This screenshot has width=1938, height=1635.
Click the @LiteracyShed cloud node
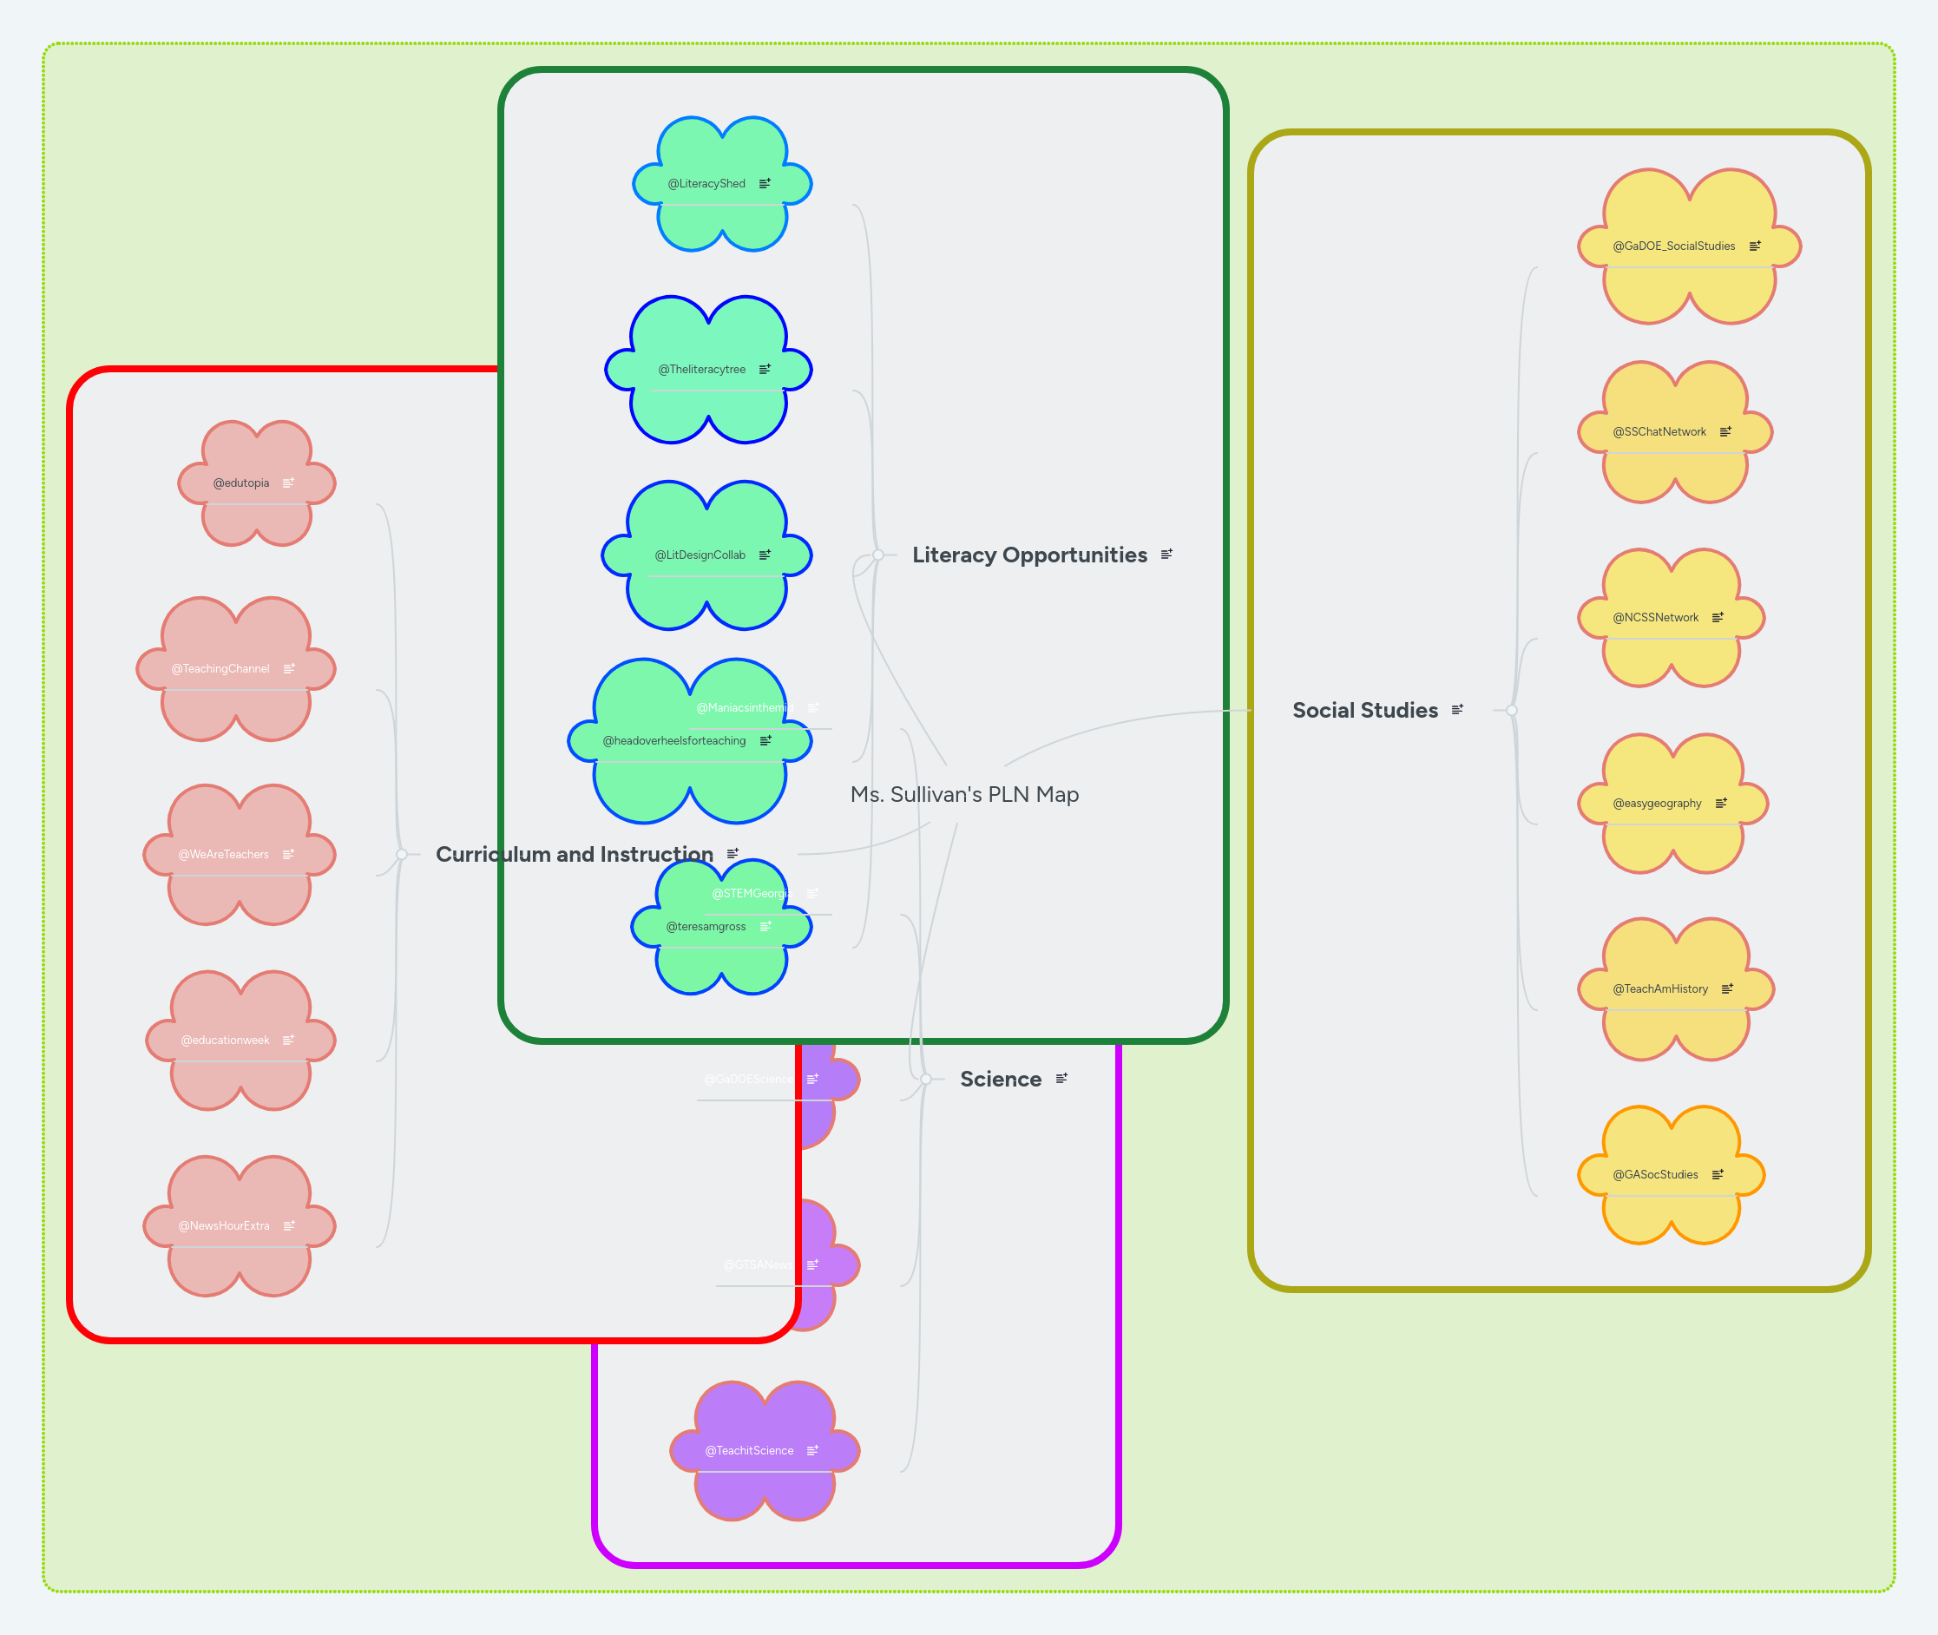(x=707, y=183)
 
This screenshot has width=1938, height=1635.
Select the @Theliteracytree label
(x=701, y=370)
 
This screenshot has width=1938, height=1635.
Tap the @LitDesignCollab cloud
(x=700, y=555)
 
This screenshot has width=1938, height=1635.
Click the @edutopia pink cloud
(x=241, y=483)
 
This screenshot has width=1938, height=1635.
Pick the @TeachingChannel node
(x=220, y=668)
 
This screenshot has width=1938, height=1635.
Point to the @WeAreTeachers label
(x=223, y=855)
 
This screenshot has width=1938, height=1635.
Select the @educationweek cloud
(x=226, y=1040)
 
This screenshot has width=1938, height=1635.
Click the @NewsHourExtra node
(x=224, y=1225)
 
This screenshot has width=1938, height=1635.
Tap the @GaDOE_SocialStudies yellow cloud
(x=1674, y=246)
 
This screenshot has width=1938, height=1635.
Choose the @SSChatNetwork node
(x=1659, y=432)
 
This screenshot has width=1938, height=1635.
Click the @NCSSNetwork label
(x=1655, y=617)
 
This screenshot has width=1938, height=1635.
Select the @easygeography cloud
(x=1657, y=804)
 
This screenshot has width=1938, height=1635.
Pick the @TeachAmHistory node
(x=1660, y=989)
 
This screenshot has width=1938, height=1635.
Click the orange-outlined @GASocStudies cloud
(x=1655, y=1174)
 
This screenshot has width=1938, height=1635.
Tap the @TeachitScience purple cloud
(x=749, y=1450)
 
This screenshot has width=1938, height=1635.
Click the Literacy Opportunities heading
(x=1028, y=555)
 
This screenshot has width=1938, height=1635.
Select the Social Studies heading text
(x=1364, y=711)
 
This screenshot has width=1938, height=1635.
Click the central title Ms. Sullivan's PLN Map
(x=964, y=794)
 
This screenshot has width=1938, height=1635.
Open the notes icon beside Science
(x=1061, y=1078)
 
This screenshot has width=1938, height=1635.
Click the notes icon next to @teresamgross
(x=765, y=926)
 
